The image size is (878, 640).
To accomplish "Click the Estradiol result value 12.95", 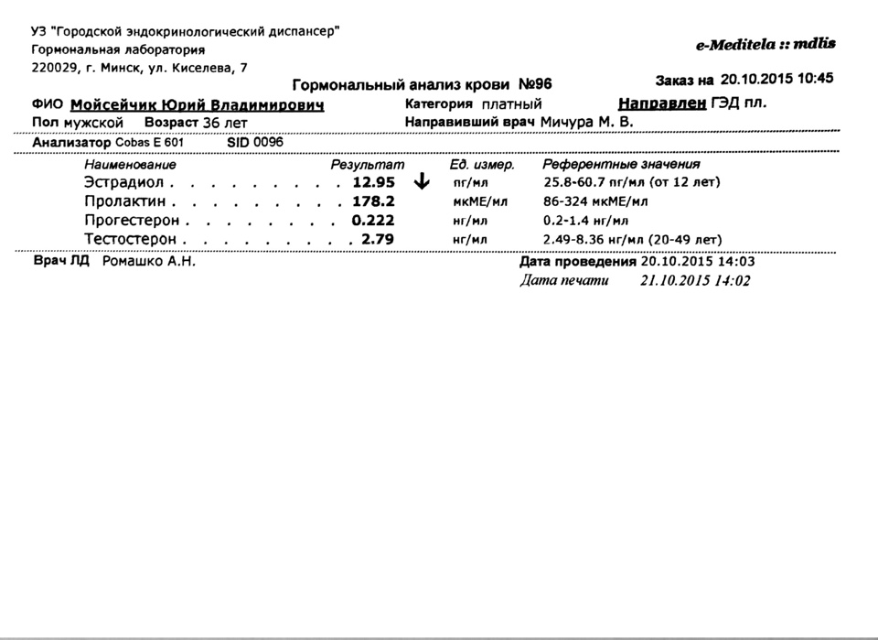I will (x=373, y=182).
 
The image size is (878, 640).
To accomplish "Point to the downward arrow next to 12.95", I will (x=422, y=182).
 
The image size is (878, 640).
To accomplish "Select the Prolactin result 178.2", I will (x=373, y=201).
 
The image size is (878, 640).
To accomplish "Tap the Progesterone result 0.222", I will (x=373, y=221).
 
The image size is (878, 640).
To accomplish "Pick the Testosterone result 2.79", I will (x=378, y=240).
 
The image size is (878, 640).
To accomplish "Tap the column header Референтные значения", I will (x=622, y=165).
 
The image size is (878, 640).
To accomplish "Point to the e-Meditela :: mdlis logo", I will (x=765, y=44).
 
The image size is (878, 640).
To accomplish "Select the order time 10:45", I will (x=813, y=79).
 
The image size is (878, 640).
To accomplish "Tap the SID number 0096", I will (x=268, y=143).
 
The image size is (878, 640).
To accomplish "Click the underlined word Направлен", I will (x=663, y=103).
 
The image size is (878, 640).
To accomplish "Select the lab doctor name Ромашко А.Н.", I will (x=149, y=261).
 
